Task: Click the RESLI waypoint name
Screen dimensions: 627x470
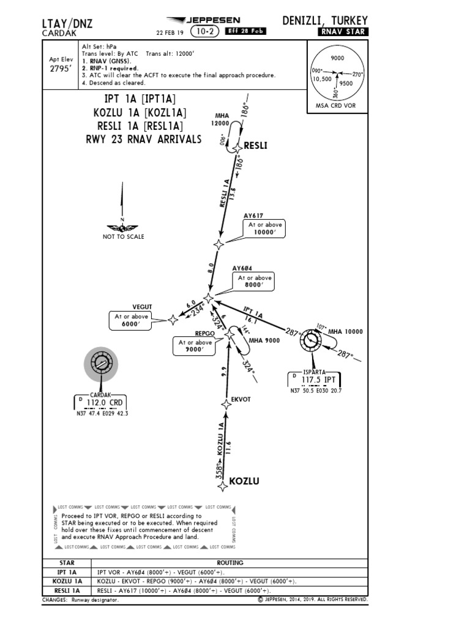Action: coord(256,146)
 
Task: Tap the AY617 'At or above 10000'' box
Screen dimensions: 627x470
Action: coord(265,228)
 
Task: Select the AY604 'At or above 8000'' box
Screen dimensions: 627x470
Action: coord(255,282)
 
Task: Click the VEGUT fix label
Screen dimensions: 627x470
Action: coord(142,306)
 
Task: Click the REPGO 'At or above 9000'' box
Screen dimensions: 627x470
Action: coord(196,347)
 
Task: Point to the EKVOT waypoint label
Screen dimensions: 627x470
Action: coord(241,399)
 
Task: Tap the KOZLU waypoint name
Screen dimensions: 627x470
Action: coord(244,481)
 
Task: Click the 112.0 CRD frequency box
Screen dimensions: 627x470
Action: coord(100,402)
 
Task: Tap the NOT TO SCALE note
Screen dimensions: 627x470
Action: coord(124,237)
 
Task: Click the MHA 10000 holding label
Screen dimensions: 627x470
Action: coord(345,332)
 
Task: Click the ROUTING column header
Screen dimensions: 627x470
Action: coord(229,563)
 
